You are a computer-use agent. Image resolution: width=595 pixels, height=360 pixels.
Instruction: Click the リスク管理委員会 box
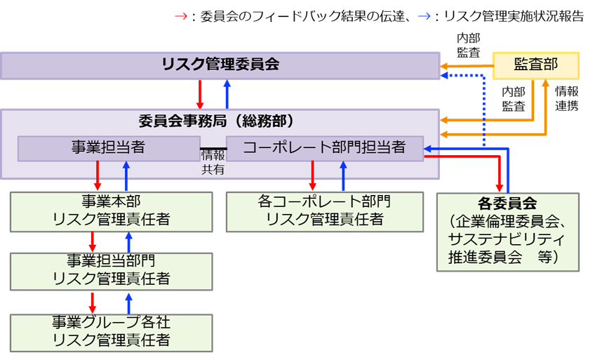point(220,65)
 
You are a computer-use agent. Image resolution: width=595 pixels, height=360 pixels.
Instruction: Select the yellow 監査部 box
point(536,65)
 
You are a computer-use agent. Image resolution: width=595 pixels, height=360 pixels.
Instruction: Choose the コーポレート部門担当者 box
point(325,147)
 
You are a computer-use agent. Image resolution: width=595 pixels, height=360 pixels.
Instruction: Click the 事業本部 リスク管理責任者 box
point(111,211)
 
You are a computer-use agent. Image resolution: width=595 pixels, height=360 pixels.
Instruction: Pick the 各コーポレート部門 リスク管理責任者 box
point(325,211)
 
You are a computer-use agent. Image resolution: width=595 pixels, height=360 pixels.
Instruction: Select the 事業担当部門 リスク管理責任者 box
point(111,271)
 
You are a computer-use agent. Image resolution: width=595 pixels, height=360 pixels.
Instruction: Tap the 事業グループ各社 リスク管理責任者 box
point(111,332)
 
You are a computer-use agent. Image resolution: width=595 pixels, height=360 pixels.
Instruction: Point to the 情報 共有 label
point(213,161)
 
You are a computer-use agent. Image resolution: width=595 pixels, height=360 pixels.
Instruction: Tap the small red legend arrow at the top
point(181,16)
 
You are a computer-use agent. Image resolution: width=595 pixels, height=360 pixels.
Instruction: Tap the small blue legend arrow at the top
point(424,16)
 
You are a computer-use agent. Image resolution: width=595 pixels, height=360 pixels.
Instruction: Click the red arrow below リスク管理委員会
point(200,94)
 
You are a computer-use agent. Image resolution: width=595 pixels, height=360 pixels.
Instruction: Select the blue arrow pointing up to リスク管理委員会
point(227,94)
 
